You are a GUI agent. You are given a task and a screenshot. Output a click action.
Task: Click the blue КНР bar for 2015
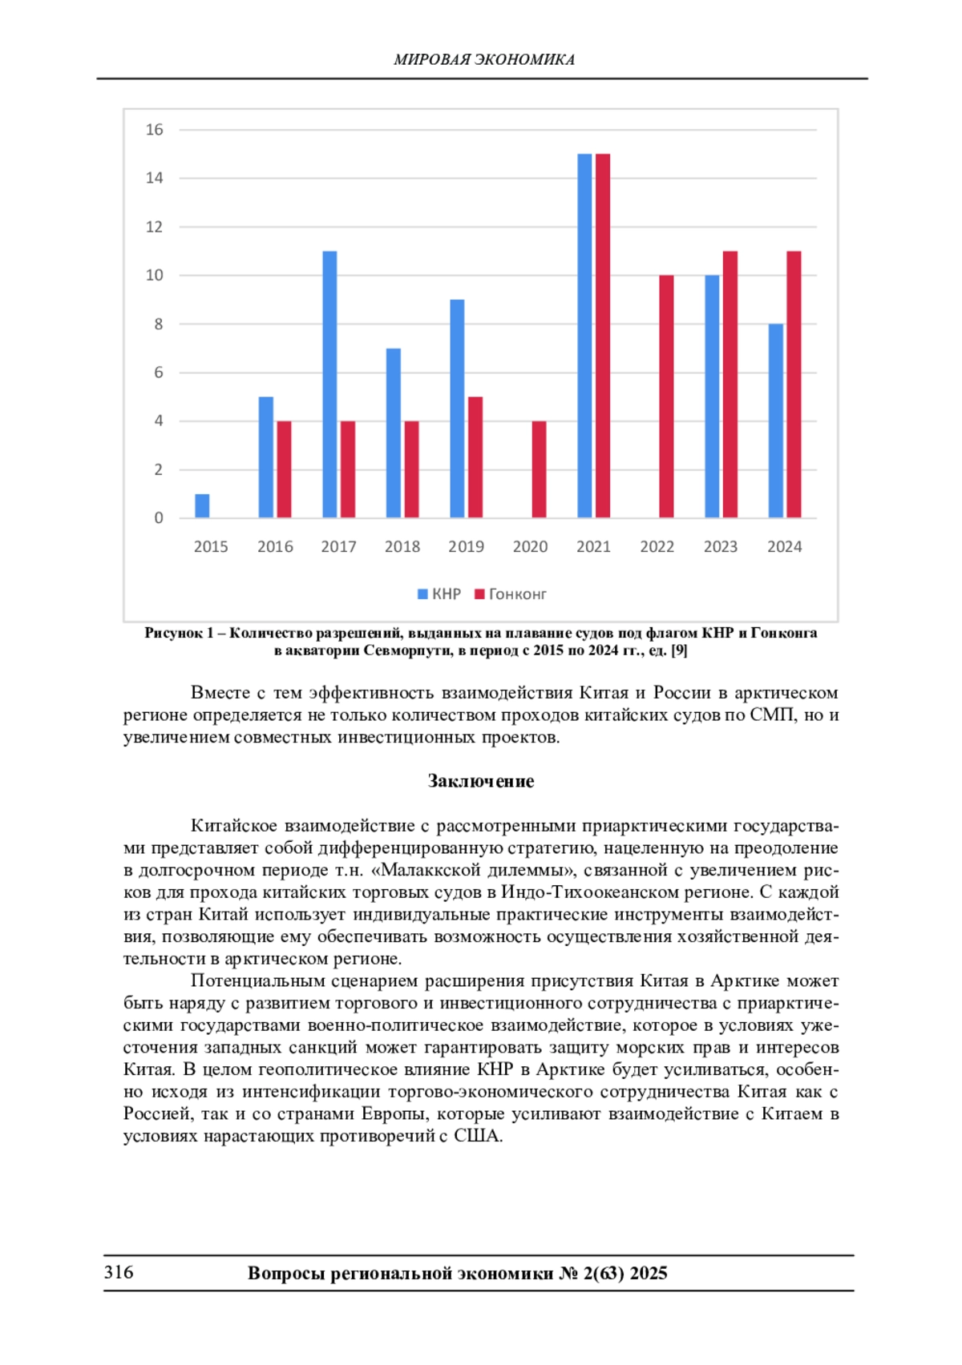click(x=202, y=505)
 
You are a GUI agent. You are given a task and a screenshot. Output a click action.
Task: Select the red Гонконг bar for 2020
click(x=539, y=469)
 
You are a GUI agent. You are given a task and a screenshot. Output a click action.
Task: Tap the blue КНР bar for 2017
click(x=329, y=385)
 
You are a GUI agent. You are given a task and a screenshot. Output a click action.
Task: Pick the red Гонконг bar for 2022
click(x=666, y=397)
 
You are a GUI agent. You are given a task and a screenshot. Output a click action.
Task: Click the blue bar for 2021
click(x=584, y=336)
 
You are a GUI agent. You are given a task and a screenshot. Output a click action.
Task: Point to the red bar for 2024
click(x=794, y=385)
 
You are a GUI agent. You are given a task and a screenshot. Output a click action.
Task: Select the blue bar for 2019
click(x=457, y=409)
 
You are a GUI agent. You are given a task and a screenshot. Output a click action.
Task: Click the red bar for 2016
click(x=284, y=469)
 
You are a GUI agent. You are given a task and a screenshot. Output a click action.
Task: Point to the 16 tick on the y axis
click(x=154, y=130)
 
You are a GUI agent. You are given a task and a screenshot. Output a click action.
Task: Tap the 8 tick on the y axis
click(x=158, y=324)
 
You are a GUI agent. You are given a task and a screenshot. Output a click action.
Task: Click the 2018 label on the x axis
click(x=402, y=547)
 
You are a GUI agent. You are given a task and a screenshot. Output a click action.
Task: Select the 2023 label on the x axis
click(x=720, y=547)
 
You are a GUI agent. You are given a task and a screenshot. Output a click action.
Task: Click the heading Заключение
click(x=480, y=781)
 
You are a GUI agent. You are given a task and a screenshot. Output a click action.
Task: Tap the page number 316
click(x=119, y=1272)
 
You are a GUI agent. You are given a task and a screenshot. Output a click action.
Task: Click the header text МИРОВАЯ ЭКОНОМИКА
click(x=483, y=59)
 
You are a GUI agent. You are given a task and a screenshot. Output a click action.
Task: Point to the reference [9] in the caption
click(x=679, y=650)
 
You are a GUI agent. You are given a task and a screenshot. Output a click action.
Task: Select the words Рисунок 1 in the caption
click(x=179, y=633)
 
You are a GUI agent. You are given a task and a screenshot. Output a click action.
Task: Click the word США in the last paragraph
click(x=477, y=1136)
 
